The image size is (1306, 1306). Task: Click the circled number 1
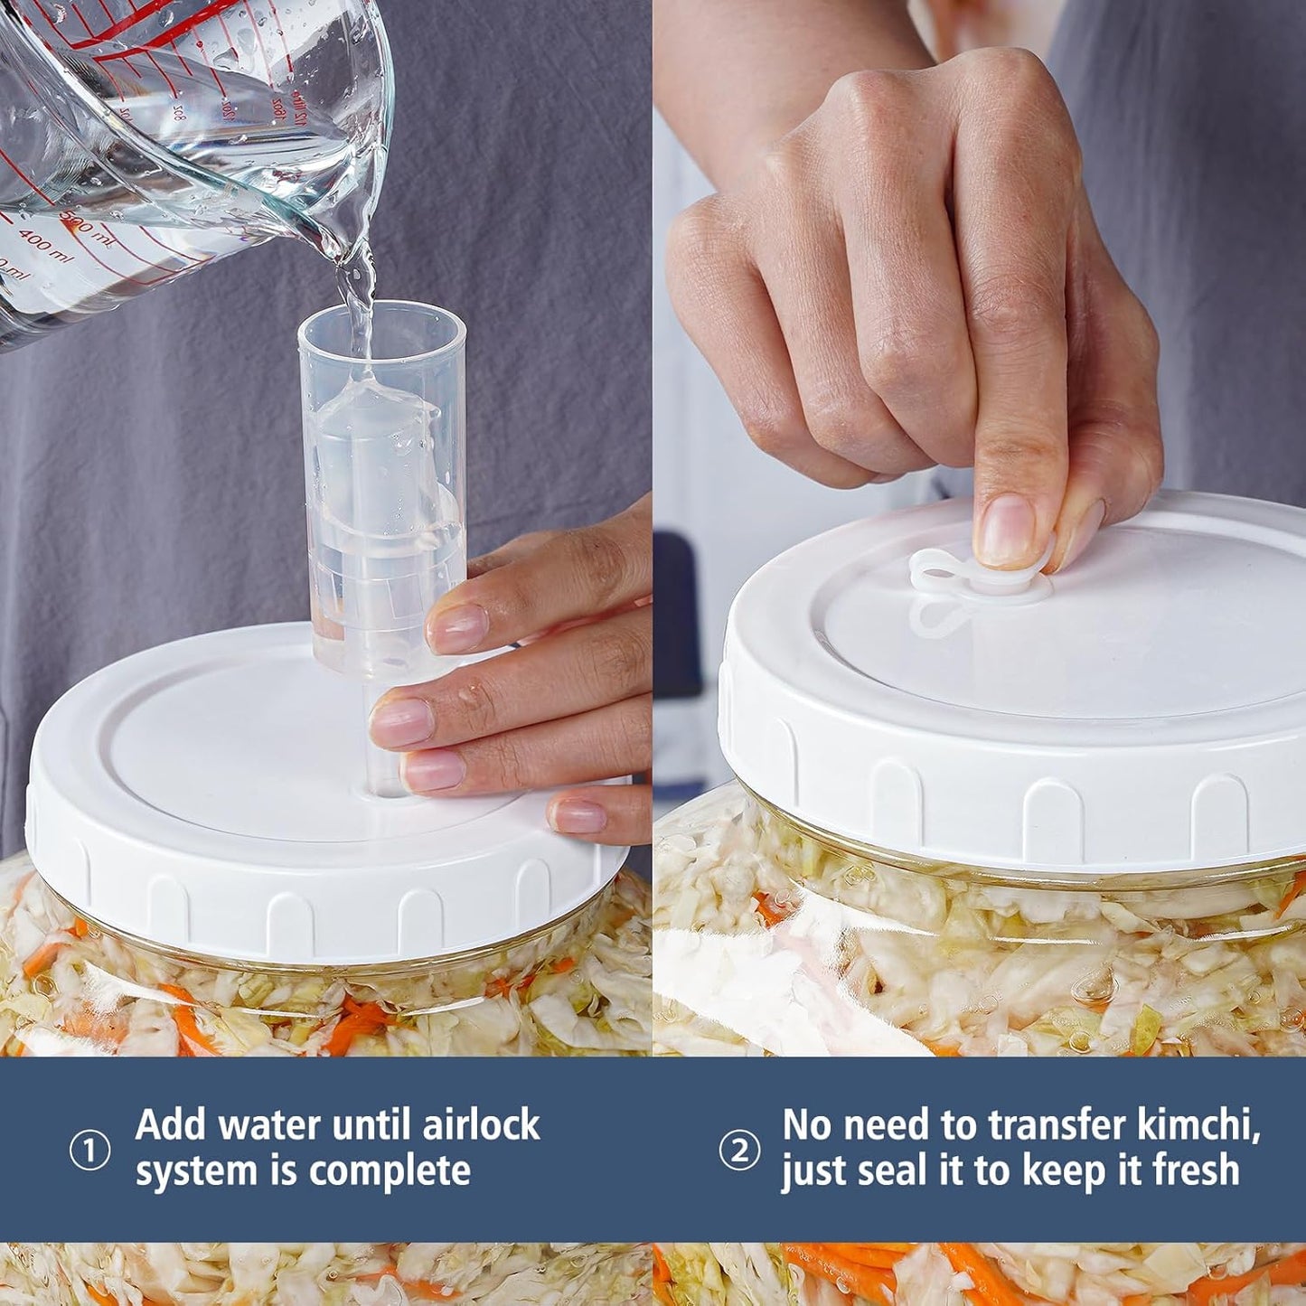[89, 1151]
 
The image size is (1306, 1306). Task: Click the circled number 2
[738, 1151]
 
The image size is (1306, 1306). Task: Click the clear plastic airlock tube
[383, 506]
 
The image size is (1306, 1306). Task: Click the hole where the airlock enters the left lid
[389, 793]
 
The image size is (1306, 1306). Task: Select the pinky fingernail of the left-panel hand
[577, 816]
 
